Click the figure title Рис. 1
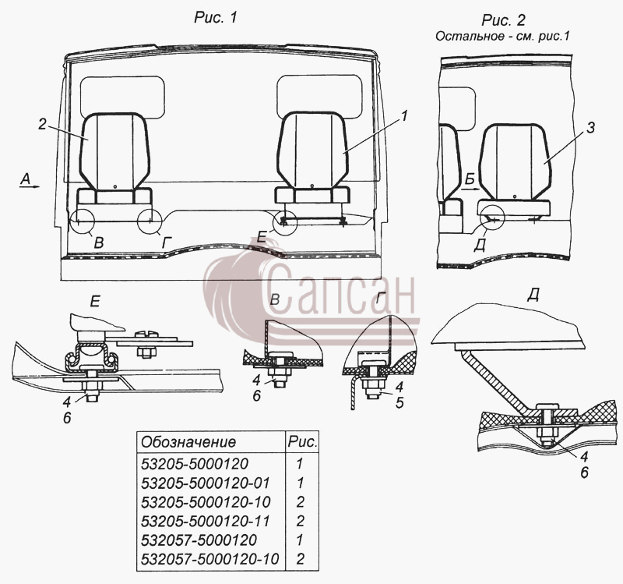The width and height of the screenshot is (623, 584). (x=216, y=17)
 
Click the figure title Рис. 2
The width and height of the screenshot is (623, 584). (x=503, y=19)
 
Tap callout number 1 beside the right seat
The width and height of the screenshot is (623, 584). (x=403, y=116)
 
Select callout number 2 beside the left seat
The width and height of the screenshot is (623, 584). (x=43, y=124)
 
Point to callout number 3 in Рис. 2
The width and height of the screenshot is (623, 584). (x=591, y=128)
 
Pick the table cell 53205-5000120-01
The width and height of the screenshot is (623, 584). (x=206, y=483)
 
